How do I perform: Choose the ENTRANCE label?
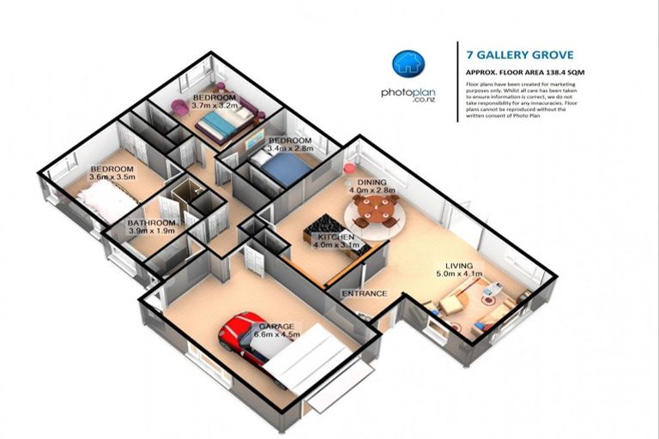tap(365, 293)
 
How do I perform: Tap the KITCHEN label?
tap(336, 236)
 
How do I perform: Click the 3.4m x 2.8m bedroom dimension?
tap(290, 149)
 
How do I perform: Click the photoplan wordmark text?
tap(408, 93)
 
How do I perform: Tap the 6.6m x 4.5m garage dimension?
tap(276, 335)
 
